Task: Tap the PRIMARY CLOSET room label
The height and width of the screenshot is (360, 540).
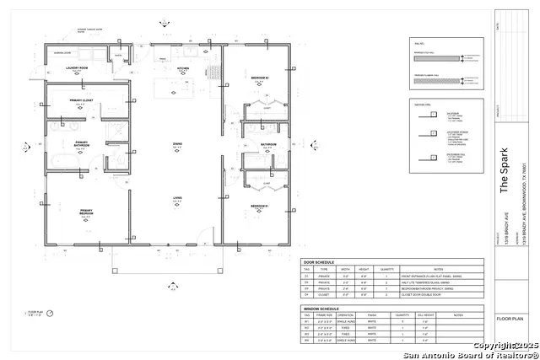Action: [x=81, y=100]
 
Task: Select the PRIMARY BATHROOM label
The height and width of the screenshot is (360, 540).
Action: [x=81, y=144]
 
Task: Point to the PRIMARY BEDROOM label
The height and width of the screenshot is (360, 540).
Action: [x=85, y=212]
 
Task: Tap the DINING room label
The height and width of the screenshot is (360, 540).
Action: [x=178, y=144]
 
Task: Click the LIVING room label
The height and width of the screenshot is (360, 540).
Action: [x=178, y=198]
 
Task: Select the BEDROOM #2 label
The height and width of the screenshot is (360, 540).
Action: [x=260, y=78]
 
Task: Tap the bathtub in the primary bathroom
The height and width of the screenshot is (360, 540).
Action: [x=57, y=159]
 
